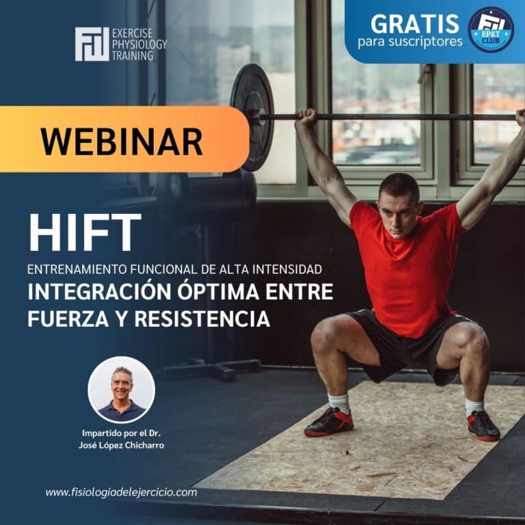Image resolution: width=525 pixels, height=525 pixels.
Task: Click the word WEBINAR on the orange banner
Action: point(121,141)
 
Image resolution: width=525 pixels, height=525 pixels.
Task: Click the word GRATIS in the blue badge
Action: point(414,23)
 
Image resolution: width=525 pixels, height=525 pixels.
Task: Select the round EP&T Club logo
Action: point(491,29)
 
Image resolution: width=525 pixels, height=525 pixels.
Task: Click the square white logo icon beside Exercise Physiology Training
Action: point(91,44)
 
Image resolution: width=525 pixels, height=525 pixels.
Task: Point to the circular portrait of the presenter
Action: point(122,389)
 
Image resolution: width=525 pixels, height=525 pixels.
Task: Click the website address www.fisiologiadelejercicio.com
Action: point(121,492)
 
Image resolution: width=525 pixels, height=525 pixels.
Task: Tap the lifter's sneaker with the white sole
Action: point(329,422)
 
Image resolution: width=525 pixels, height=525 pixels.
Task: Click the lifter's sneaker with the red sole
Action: point(483,425)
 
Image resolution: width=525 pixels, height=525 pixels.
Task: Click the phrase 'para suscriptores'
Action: point(409,42)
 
